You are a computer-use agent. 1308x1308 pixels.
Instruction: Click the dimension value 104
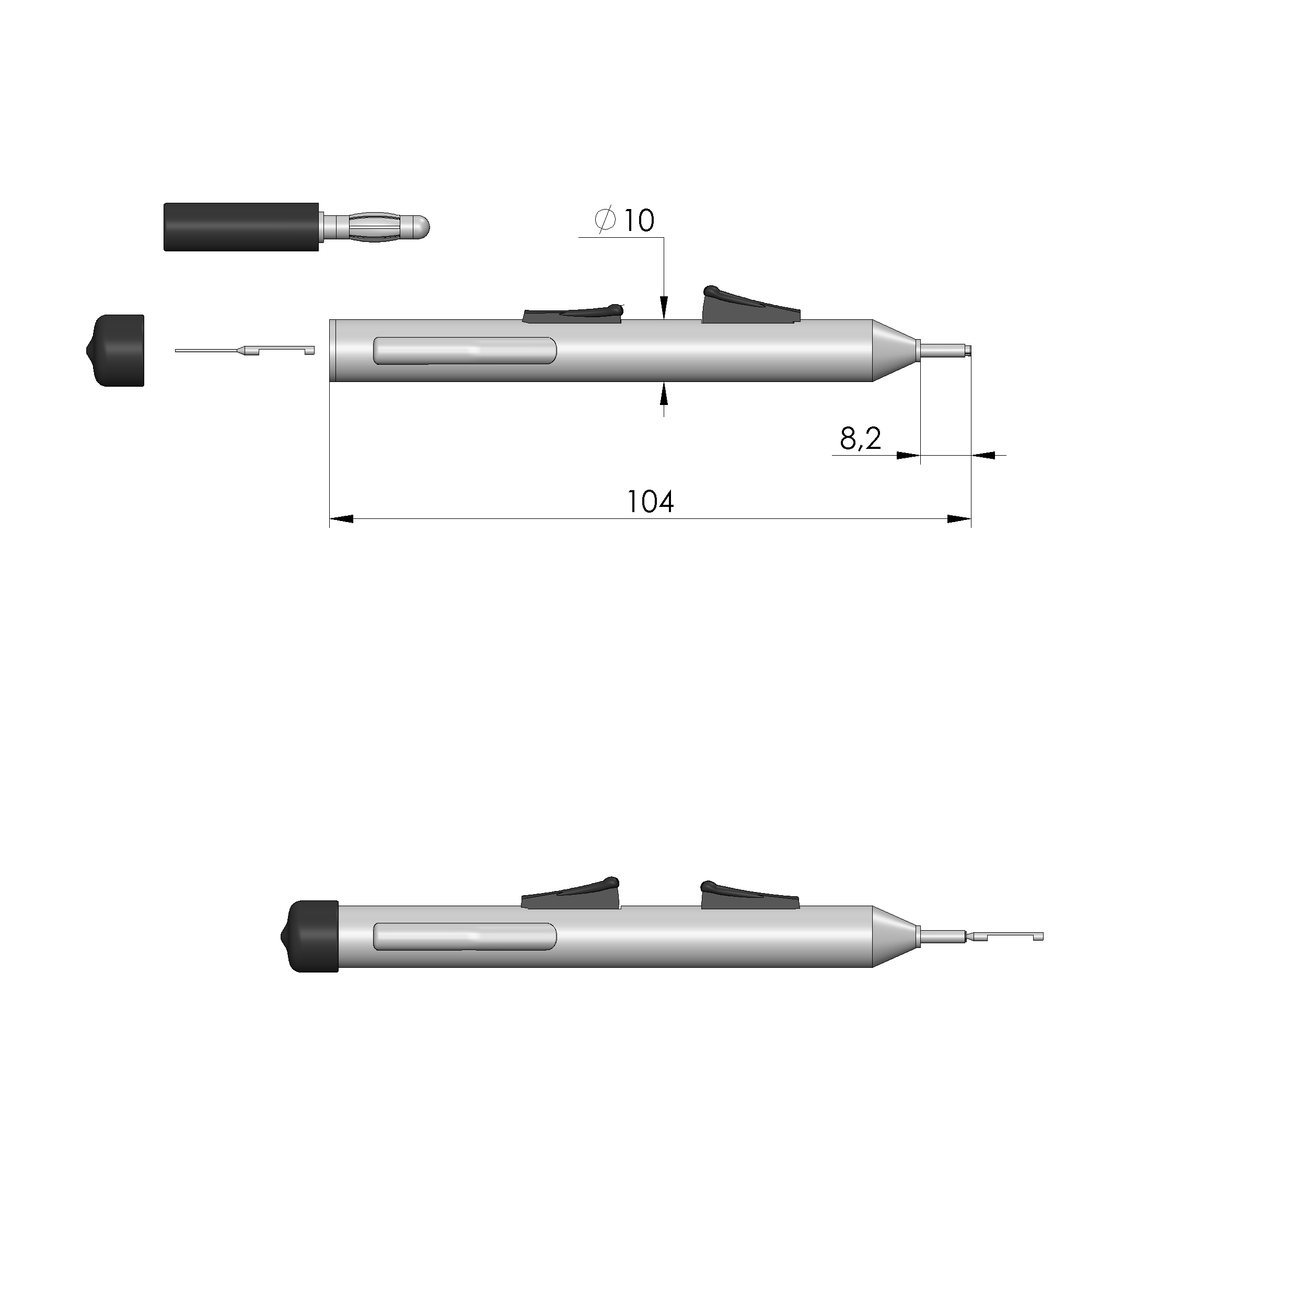point(650,502)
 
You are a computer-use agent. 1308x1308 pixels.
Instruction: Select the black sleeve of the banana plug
point(241,227)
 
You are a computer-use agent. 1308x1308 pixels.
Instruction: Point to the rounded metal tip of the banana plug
point(421,226)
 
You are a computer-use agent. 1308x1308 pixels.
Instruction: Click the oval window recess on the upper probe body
point(465,350)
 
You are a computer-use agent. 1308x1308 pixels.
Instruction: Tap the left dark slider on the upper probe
point(573,314)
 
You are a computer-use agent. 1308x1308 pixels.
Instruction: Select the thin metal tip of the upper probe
point(944,350)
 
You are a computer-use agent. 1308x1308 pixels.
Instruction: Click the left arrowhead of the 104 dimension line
point(342,519)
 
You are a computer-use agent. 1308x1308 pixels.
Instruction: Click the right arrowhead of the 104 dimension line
point(958,519)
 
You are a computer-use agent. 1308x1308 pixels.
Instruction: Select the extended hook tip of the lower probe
point(1009,936)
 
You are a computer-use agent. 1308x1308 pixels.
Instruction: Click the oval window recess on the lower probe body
point(465,936)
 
